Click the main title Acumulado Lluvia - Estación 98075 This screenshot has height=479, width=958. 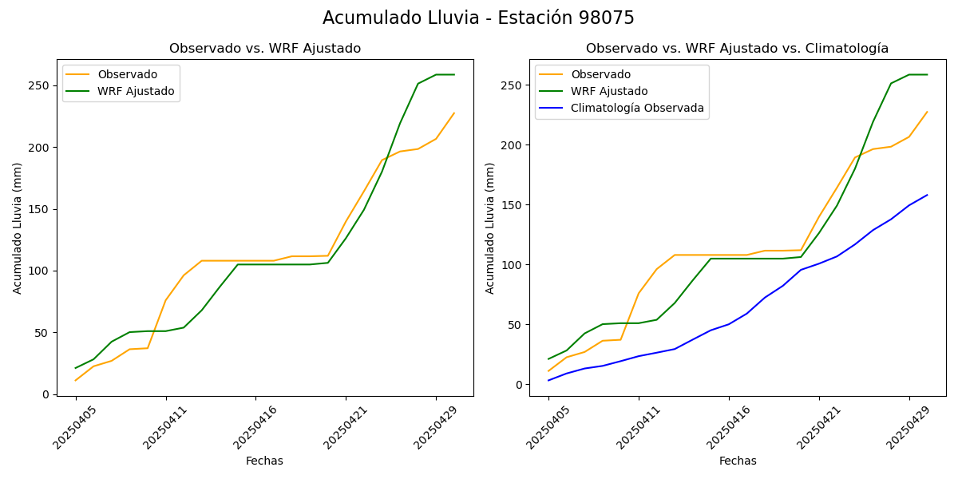[478, 18]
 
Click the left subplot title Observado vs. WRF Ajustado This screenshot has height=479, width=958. [264, 49]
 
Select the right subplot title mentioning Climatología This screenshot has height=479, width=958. [737, 49]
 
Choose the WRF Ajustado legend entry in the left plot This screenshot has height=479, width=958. [136, 91]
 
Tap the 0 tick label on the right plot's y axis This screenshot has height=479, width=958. [518, 385]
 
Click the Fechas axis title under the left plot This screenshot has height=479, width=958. [264, 461]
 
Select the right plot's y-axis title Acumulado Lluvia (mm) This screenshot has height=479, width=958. [490, 228]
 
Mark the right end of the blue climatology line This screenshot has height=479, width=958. [927, 195]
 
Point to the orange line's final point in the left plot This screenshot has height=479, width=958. [454, 113]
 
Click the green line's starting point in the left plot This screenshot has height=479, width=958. [76, 368]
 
